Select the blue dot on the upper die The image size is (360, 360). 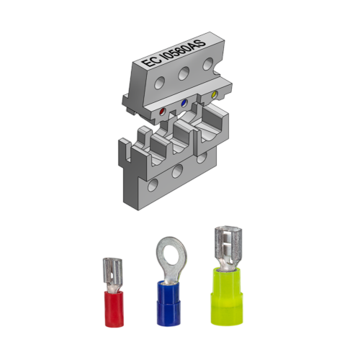pos(184,104)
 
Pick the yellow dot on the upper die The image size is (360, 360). pos(213,95)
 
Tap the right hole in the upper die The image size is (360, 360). pos(207,63)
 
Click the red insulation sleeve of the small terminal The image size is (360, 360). pos(112,308)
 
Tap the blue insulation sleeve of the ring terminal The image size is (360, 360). pos(166,302)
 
